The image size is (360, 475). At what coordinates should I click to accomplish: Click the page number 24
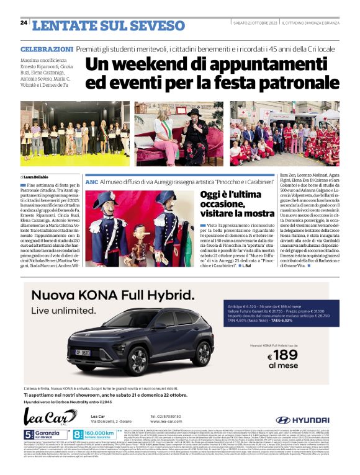24,22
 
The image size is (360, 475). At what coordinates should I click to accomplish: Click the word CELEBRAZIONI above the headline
47,48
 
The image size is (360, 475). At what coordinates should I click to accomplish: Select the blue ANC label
91,182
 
